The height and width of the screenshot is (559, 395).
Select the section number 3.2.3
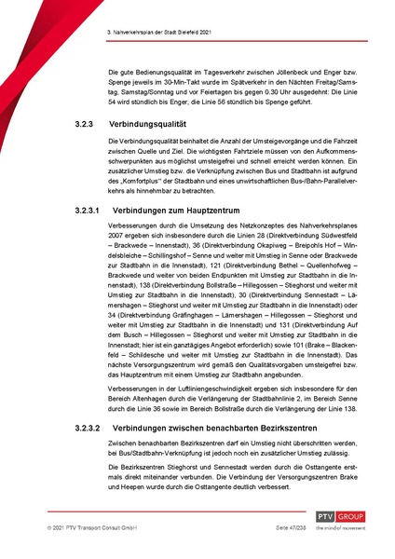85,123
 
